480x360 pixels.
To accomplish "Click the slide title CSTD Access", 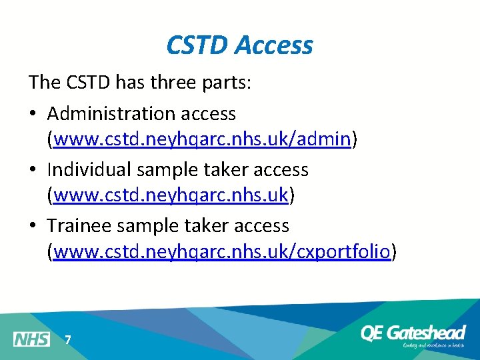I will pyautogui.click(x=239, y=45).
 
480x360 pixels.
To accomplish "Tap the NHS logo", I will pyautogui.click(x=31, y=339).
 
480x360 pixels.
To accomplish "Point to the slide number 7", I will pyautogui.click(x=67, y=340).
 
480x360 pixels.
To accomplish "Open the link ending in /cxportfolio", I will pyautogui.click(x=221, y=252).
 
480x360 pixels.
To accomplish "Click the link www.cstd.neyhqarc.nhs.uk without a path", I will pyautogui.click(x=171, y=195).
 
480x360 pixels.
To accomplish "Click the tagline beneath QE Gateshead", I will pyautogui.click(x=433, y=345).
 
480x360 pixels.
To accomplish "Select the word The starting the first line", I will pyautogui.click(x=43, y=83).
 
